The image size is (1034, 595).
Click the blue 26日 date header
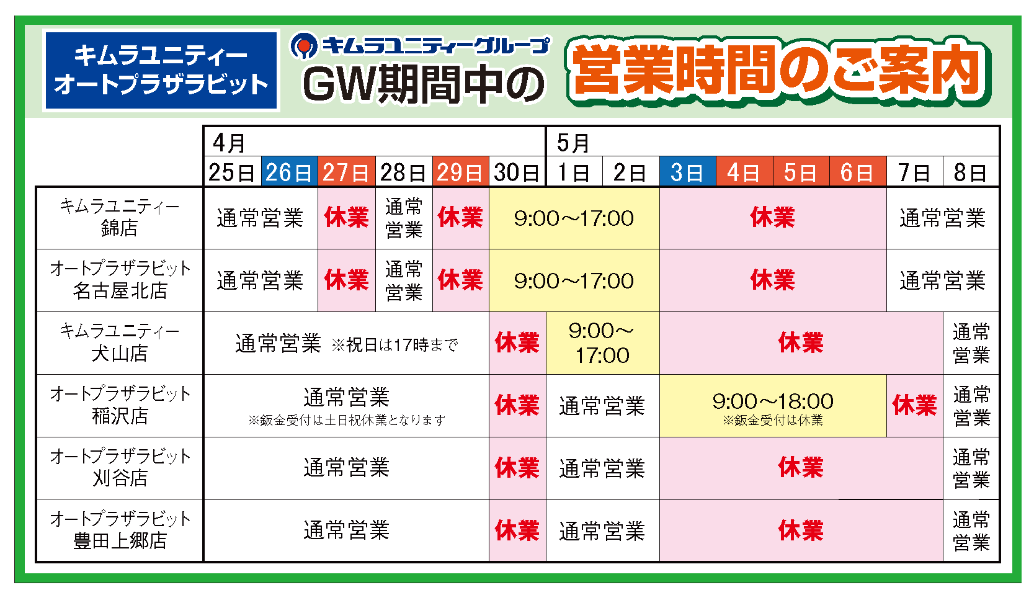click(290, 172)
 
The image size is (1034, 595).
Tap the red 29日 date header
click(460, 172)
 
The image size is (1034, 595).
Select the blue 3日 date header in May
click(687, 172)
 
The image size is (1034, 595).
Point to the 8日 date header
click(971, 172)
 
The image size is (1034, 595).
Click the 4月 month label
click(229, 143)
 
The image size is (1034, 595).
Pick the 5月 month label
click(573, 143)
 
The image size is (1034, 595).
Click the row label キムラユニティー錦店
click(120, 217)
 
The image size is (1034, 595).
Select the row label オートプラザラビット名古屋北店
click(120, 280)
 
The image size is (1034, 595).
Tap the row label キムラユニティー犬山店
click(120, 342)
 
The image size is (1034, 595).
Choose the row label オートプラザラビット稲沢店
click(120, 405)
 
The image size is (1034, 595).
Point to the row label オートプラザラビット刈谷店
click(120, 468)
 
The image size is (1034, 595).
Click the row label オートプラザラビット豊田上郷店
click(120, 530)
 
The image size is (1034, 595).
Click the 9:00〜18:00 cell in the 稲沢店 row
click(773, 406)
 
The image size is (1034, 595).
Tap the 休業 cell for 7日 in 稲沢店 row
click(914, 406)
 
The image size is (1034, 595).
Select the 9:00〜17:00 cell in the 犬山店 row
click(602, 343)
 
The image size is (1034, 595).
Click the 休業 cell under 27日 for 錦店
click(347, 218)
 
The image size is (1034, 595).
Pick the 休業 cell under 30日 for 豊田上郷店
click(517, 530)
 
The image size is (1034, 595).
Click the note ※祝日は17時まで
click(394, 344)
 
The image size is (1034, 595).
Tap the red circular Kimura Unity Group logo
click(303, 46)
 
